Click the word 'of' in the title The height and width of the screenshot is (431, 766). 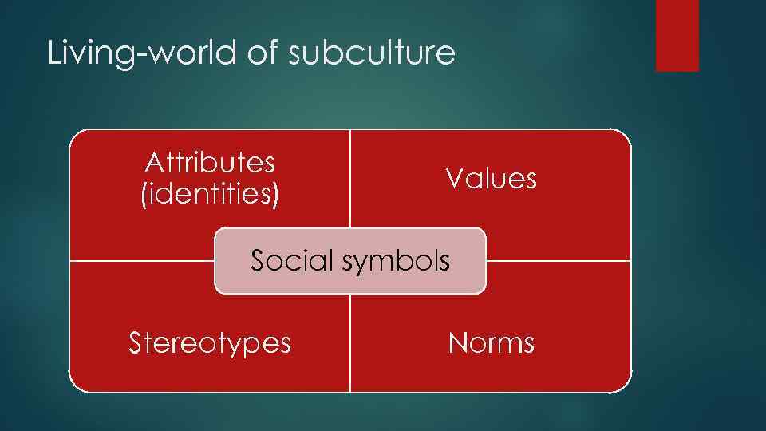pos(259,53)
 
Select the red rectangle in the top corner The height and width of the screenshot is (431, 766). pos(677,35)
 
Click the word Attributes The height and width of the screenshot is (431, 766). pos(210,163)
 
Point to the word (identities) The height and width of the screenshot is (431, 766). pos(210,194)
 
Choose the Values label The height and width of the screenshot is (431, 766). pos(491,179)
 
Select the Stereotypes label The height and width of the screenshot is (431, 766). pos(210,343)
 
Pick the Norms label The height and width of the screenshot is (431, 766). pos(491,343)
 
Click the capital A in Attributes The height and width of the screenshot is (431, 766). pos(153,163)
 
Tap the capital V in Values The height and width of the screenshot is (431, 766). pos(454,179)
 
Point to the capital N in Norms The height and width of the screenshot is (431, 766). pos(457,343)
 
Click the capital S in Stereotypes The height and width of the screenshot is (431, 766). pos(136,343)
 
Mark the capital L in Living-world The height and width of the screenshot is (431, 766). pos(54,53)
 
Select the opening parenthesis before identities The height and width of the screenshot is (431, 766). pos(144,195)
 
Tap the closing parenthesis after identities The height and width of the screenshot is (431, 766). pos(276,195)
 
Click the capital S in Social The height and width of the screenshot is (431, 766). pos(259,260)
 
